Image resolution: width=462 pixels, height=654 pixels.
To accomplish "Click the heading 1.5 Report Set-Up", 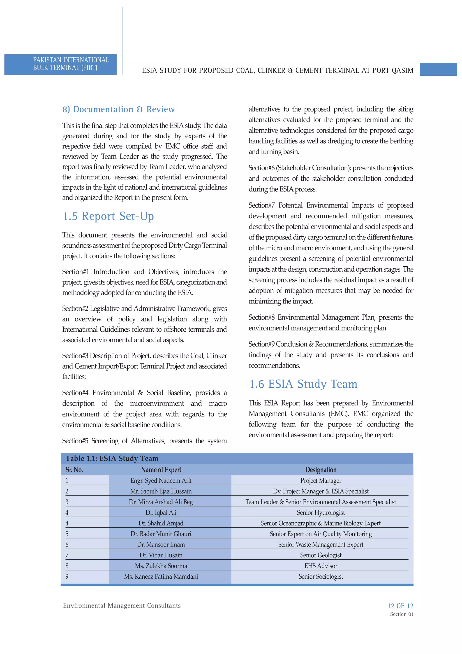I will point(108,216).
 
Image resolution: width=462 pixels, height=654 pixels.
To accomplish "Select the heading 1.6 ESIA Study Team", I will point(303,384).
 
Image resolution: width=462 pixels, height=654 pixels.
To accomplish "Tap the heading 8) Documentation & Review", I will point(118,109).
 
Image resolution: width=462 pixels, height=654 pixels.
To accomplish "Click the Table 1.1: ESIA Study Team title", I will point(112,458).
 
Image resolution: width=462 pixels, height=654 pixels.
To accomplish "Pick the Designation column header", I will point(321,470).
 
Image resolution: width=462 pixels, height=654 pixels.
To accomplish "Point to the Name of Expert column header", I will point(161,470).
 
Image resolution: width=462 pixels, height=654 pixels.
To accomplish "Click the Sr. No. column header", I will point(74,470).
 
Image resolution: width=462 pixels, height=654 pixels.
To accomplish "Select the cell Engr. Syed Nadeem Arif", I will point(161,481).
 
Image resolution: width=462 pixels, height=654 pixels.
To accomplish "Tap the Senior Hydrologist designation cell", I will point(321,512).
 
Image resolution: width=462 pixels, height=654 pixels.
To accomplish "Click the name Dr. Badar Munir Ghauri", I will point(161,534).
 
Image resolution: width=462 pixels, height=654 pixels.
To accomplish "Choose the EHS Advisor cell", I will point(321,566).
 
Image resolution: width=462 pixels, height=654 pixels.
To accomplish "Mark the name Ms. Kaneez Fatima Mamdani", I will point(161,577).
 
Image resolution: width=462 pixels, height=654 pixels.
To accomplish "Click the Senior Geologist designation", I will point(321,555).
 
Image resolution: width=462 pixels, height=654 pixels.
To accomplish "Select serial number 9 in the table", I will point(67,577).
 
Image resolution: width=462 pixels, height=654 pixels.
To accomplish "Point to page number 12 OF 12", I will point(400,606).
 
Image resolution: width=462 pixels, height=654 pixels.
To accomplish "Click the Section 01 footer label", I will point(401,614).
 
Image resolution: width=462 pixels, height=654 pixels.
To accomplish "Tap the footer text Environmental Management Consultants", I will point(122,606).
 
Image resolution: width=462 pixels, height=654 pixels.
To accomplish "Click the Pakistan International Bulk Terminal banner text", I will point(71,64).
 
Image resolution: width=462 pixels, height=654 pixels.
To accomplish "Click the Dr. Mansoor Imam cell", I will point(161,545).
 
